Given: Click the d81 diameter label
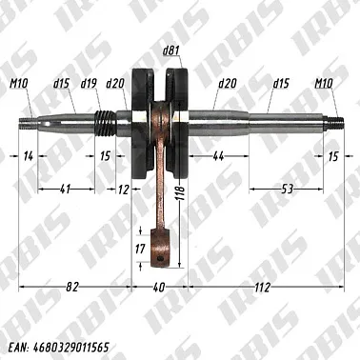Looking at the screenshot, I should click(x=170, y=50).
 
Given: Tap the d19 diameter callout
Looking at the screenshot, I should click(x=90, y=84).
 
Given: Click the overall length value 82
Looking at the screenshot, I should click(x=73, y=287).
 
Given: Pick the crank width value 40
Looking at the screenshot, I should click(x=159, y=287).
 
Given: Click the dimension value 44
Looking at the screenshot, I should click(x=218, y=155).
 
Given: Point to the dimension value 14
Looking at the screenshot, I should click(x=29, y=155).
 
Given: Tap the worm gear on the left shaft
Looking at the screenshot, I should click(x=105, y=122).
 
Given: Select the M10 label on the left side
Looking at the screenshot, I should click(x=21, y=84).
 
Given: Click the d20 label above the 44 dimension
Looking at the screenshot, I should click(x=226, y=84).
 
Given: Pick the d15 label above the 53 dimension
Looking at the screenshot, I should click(x=281, y=84).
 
